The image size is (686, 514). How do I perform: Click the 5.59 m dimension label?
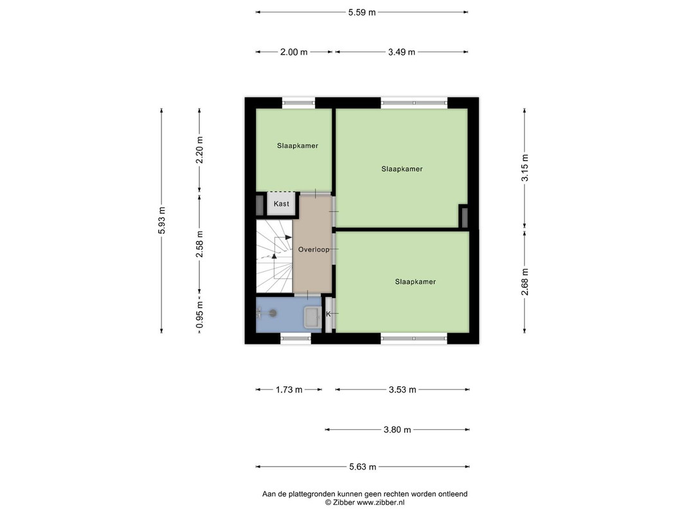tap(362, 12)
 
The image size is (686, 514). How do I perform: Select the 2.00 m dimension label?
tap(294, 52)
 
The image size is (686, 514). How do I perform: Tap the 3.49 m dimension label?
tap(402, 52)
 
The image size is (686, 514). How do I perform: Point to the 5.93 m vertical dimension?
tap(162, 220)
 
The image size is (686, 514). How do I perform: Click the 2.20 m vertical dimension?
tap(199, 150)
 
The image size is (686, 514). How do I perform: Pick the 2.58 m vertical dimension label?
tap(199, 244)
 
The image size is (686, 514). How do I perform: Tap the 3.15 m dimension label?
tap(525, 168)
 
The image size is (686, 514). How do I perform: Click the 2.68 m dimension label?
tap(525, 282)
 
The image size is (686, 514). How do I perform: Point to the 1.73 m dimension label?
tap(289, 389)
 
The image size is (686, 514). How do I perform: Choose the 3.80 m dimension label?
tap(397, 430)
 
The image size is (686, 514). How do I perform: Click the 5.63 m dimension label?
tap(363, 467)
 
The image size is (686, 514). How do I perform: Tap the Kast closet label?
tap(282, 204)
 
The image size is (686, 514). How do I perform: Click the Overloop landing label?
tap(314, 249)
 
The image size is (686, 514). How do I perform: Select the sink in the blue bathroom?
tap(312, 317)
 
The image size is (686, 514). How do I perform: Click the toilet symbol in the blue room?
tap(267, 313)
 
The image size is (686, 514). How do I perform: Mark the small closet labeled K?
tap(328, 314)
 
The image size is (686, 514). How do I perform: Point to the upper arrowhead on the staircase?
tap(288, 237)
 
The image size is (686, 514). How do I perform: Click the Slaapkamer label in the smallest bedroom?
tap(298, 146)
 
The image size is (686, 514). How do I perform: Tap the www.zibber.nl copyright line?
tap(365, 502)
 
